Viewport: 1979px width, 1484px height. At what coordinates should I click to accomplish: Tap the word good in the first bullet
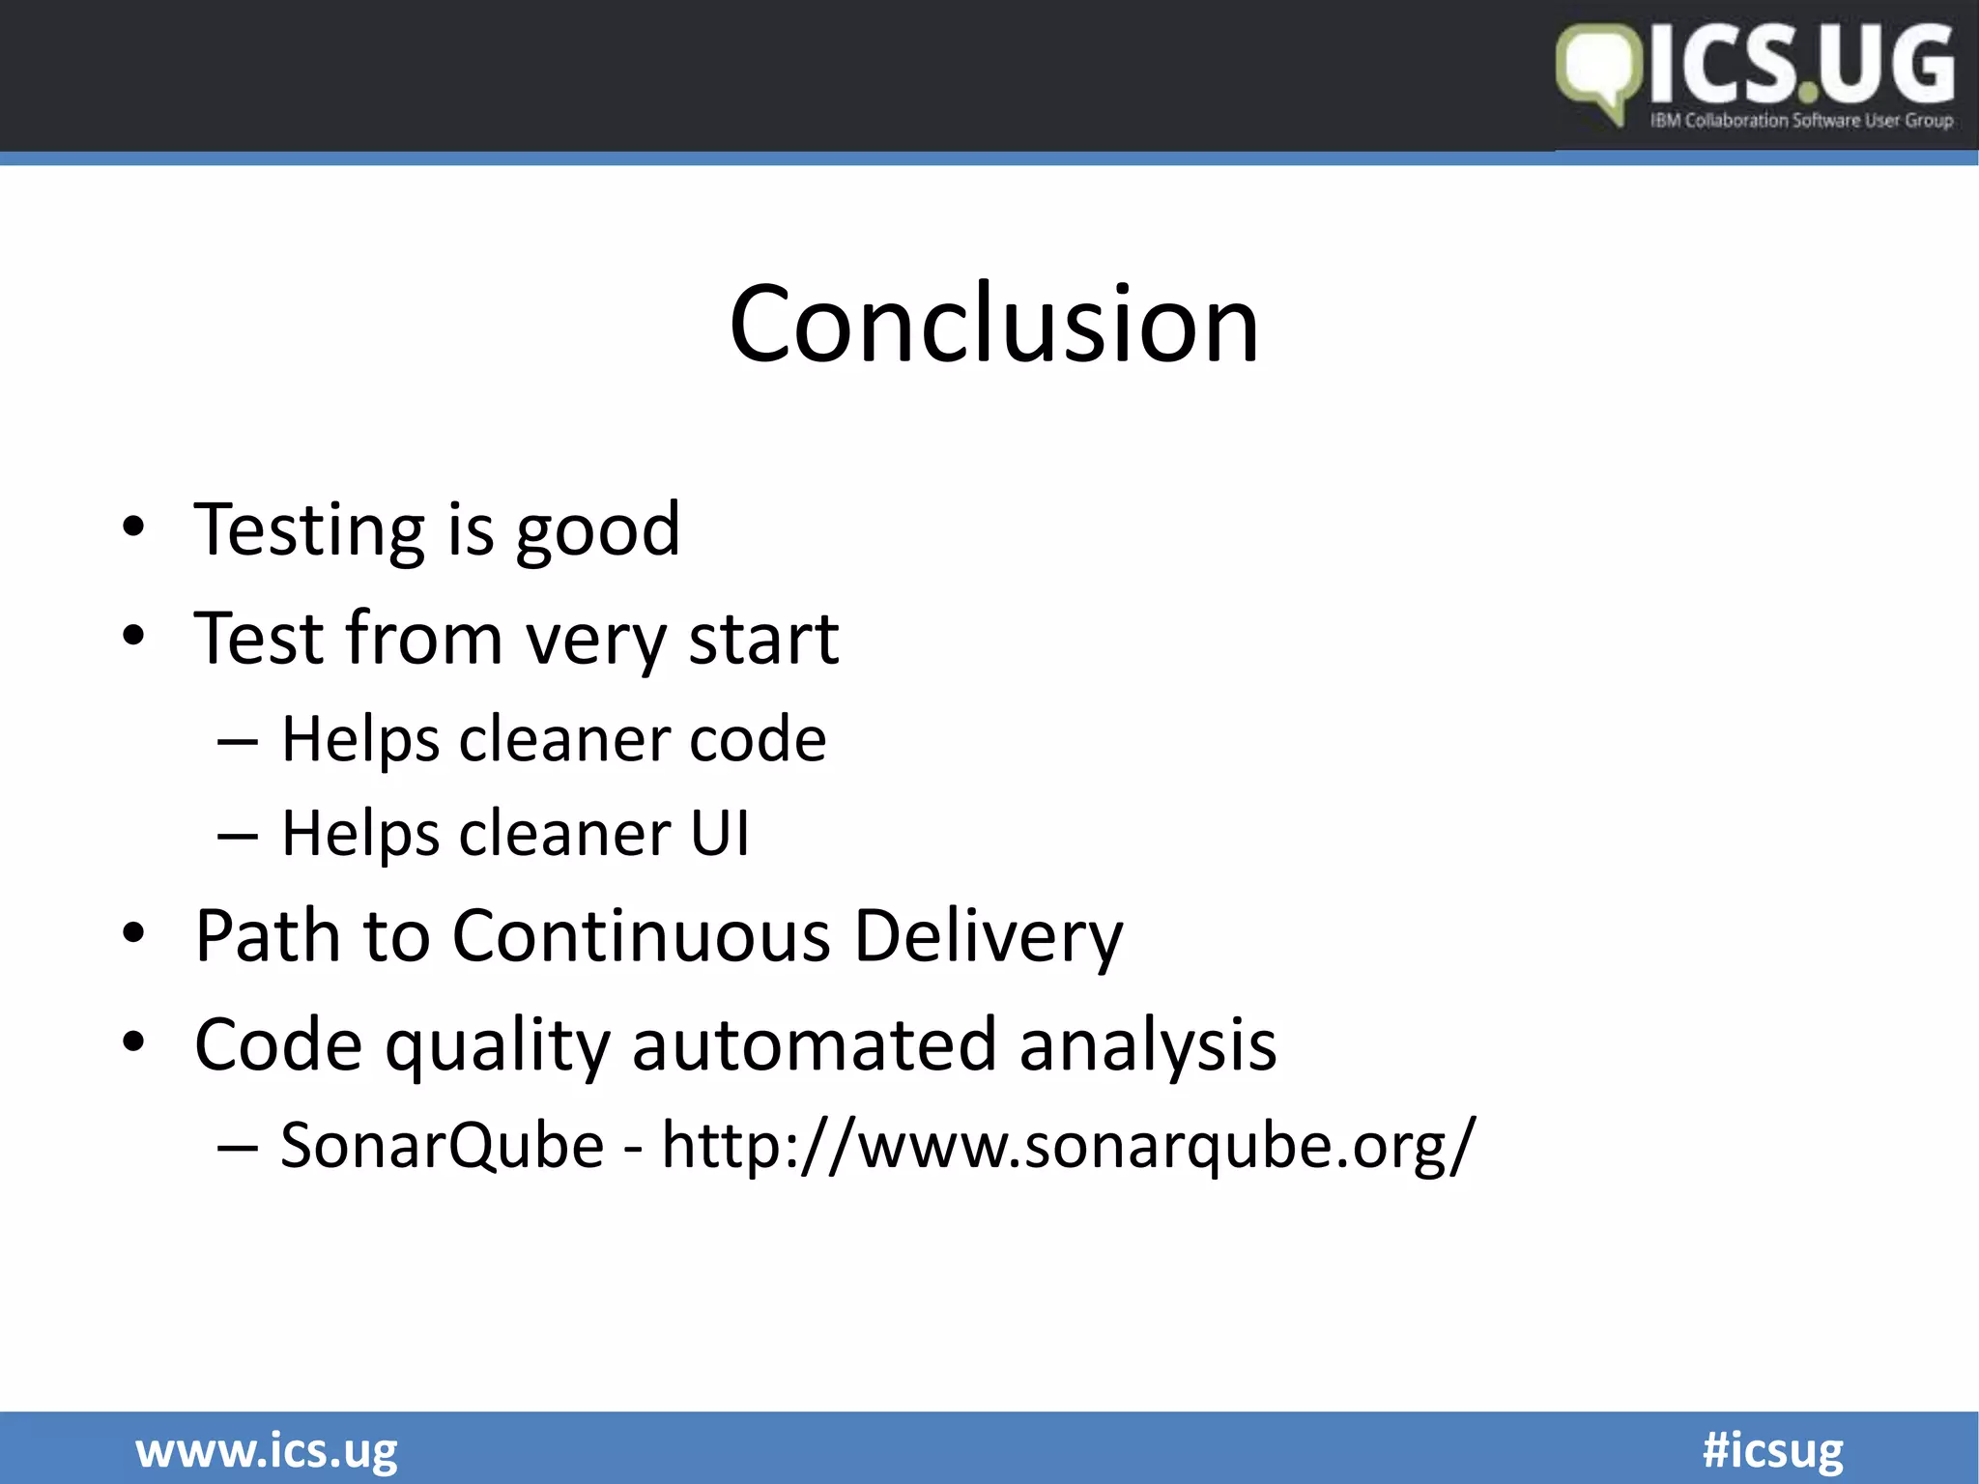[598, 531]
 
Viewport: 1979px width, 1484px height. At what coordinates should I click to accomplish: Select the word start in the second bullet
[763, 639]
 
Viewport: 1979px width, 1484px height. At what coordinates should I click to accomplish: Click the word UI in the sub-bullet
[719, 833]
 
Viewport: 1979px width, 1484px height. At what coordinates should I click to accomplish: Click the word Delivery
[989, 937]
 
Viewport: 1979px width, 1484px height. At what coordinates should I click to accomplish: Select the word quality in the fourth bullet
[499, 1045]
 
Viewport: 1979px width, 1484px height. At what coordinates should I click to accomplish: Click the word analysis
[1148, 1045]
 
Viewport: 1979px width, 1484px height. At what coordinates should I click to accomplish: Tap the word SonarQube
[443, 1146]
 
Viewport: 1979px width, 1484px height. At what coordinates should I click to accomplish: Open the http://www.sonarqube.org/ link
[1069, 1146]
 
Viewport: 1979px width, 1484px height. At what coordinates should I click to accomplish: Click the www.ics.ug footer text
[267, 1450]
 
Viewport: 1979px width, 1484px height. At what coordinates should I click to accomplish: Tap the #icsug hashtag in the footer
[1772, 1450]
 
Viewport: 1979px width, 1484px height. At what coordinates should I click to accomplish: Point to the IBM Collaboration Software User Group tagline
[1801, 121]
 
